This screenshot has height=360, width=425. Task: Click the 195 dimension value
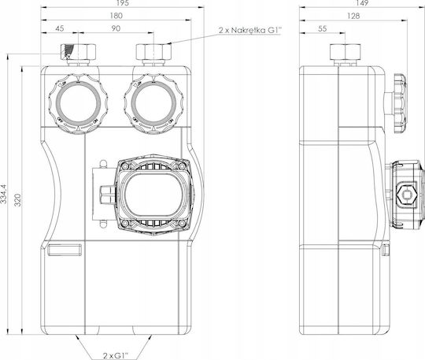124,2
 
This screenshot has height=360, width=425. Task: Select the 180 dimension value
116,16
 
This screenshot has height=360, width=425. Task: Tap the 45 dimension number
60,28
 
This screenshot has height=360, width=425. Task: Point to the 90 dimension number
116,28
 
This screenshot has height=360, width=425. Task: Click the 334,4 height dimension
4,194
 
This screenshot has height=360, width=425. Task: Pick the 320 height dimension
17,200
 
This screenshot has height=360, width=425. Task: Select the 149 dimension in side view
362,2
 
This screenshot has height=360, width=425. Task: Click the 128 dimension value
353,16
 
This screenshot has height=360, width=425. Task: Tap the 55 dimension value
322,28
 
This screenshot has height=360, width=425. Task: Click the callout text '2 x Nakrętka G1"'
251,30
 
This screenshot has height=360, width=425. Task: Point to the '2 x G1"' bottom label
116,355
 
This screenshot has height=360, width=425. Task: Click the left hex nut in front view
79,52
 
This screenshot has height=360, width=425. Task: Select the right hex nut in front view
153,52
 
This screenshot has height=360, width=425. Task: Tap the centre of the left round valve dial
79,104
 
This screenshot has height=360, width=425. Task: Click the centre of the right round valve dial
153,104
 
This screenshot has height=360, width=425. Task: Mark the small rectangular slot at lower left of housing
65,250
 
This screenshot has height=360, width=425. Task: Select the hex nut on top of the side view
346,52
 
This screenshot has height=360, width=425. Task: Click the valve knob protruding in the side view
400,104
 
